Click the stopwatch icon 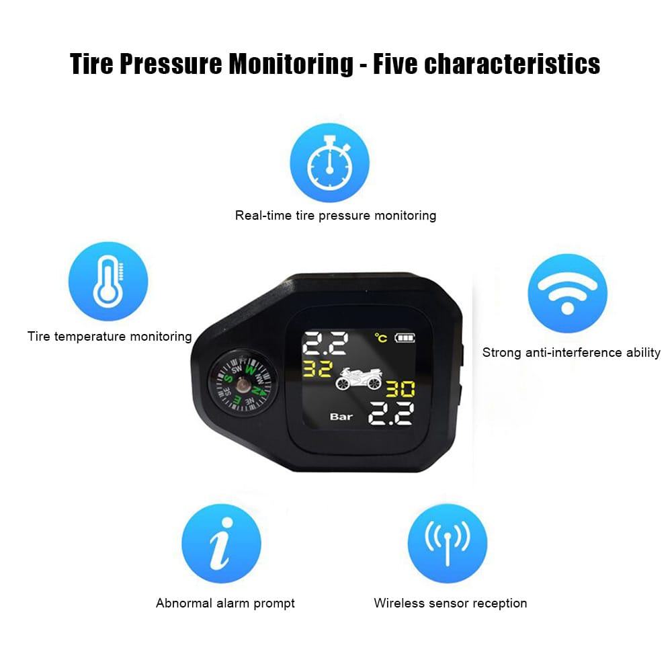[x=329, y=163]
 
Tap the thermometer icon [x=108, y=282]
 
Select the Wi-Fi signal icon [x=567, y=293]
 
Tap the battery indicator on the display [x=405, y=337]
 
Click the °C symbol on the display [x=382, y=338]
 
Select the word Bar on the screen [x=341, y=417]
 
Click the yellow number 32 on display [x=318, y=369]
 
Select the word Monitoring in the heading [x=291, y=65]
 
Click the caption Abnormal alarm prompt [x=225, y=603]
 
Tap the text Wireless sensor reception [x=450, y=603]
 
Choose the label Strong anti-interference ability [x=571, y=352]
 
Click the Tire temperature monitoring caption [x=110, y=336]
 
